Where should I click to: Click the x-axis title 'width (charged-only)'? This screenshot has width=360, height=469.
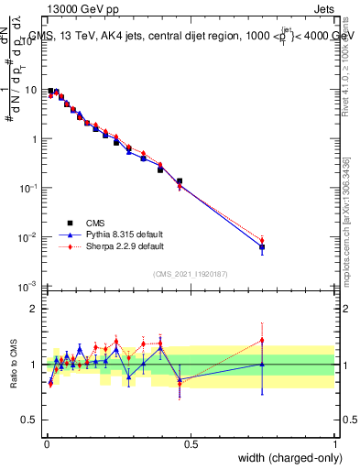tap(287, 459)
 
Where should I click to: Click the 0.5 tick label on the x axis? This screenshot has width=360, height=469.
tap(191, 444)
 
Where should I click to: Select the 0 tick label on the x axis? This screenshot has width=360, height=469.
tap(47, 444)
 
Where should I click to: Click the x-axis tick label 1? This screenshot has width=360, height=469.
tap(335, 444)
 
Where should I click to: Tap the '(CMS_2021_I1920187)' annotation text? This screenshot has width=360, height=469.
tap(190, 273)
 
